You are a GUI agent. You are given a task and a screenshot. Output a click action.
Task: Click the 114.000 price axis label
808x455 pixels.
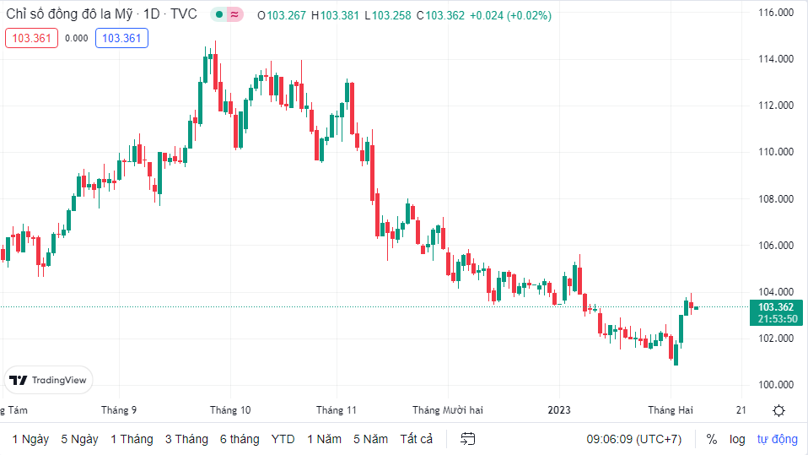(776, 59)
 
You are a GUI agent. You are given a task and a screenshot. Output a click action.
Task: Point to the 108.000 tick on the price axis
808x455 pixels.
(776, 199)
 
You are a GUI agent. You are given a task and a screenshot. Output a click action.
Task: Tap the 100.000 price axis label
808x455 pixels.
(776, 385)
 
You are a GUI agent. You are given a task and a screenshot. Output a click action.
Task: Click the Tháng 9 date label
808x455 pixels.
(119, 410)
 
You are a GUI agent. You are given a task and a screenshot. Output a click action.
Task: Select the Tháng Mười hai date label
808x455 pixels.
(447, 410)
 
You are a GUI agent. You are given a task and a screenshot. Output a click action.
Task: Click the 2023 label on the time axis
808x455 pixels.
(559, 410)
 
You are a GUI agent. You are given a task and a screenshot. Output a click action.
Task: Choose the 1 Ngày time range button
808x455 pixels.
(30, 439)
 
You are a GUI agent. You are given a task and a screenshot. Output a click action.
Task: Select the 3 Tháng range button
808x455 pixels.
(186, 439)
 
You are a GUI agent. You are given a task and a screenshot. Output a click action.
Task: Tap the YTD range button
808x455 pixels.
(283, 439)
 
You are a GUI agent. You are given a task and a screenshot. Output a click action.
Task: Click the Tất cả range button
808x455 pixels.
(417, 439)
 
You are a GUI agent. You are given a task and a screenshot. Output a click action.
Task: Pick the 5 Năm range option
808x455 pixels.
(370, 439)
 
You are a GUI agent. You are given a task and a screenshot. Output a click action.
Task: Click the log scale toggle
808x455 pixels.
(737, 439)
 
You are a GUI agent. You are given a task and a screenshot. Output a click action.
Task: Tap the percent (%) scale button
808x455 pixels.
(712, 439)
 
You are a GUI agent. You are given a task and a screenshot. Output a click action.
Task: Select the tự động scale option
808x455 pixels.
(777, 439)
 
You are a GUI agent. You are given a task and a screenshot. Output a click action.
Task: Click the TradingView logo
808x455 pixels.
(49, 381)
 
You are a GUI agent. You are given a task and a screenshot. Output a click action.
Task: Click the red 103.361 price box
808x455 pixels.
(31, 38)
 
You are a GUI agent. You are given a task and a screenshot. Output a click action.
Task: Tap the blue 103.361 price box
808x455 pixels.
(121, 38)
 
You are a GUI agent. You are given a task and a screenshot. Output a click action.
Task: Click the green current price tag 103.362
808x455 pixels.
(776, 307)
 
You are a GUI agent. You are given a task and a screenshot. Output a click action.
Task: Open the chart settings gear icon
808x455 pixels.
(778, 410)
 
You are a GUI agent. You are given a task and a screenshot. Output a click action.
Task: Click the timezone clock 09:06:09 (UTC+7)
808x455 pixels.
(633, 439)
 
